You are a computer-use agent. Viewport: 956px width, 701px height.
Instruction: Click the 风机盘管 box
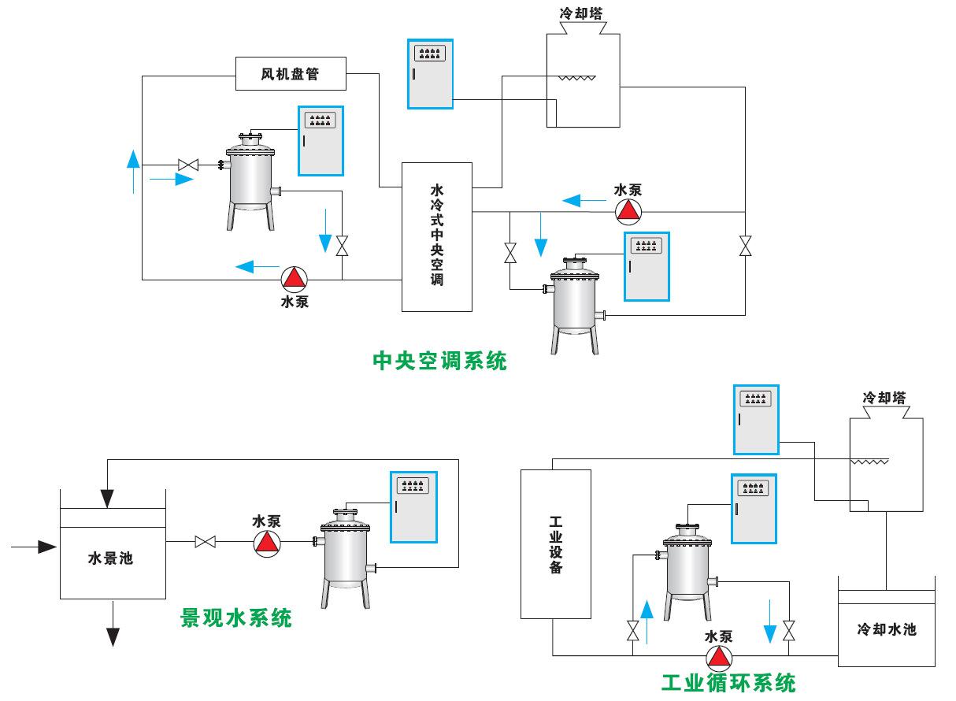[291, 75]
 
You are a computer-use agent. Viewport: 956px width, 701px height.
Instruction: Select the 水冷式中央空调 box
[437, 236]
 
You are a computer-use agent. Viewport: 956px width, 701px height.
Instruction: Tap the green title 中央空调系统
[439, 361]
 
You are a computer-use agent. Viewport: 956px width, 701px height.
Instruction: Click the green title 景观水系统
[236, 618]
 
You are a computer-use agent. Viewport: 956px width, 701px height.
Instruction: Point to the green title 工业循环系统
[728, 682]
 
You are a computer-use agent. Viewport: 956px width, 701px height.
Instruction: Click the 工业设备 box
[556, 543]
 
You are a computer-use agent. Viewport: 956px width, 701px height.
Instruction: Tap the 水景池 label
[110, 559]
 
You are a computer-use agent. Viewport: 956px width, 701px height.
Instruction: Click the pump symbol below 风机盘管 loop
[295, 278]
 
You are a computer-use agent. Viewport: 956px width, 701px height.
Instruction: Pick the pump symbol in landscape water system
[267, 542]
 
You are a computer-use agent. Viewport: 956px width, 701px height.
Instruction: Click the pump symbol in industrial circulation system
[718, 656]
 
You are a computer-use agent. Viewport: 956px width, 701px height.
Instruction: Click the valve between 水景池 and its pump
[206, 542]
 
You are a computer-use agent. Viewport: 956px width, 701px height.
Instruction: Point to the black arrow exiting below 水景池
[113, 626]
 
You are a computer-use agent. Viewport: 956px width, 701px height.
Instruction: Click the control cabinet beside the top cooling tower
[430, 73]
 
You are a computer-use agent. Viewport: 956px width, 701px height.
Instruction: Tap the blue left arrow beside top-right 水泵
[579, 201]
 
